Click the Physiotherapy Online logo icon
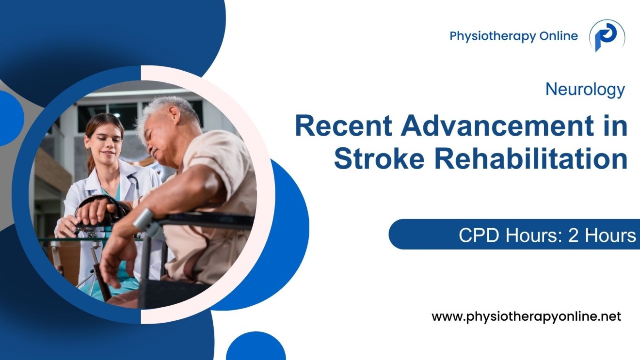click(607, 36)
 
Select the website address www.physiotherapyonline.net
click(526, 317)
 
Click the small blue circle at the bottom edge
click(256, 349)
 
